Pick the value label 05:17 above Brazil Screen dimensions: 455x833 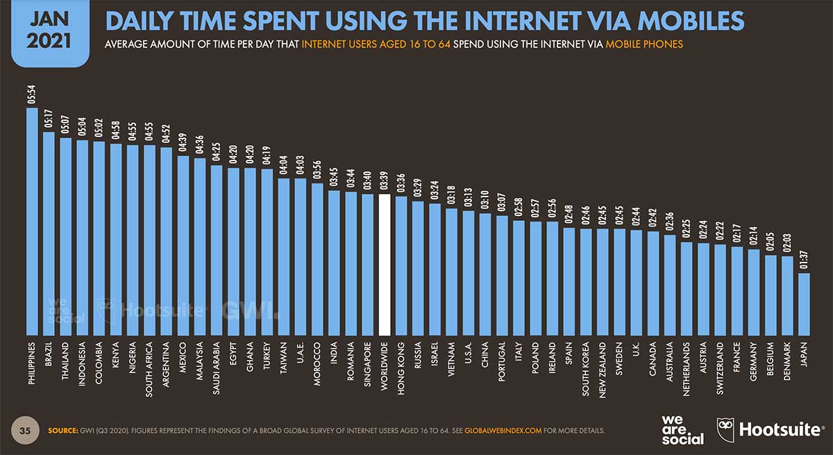coord(49,120)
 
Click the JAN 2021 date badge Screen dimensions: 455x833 coord(48,33)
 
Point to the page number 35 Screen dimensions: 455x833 coord(24,431)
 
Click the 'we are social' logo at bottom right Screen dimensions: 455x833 coord(683,430)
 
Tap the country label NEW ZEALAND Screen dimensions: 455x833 coord(603,368)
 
